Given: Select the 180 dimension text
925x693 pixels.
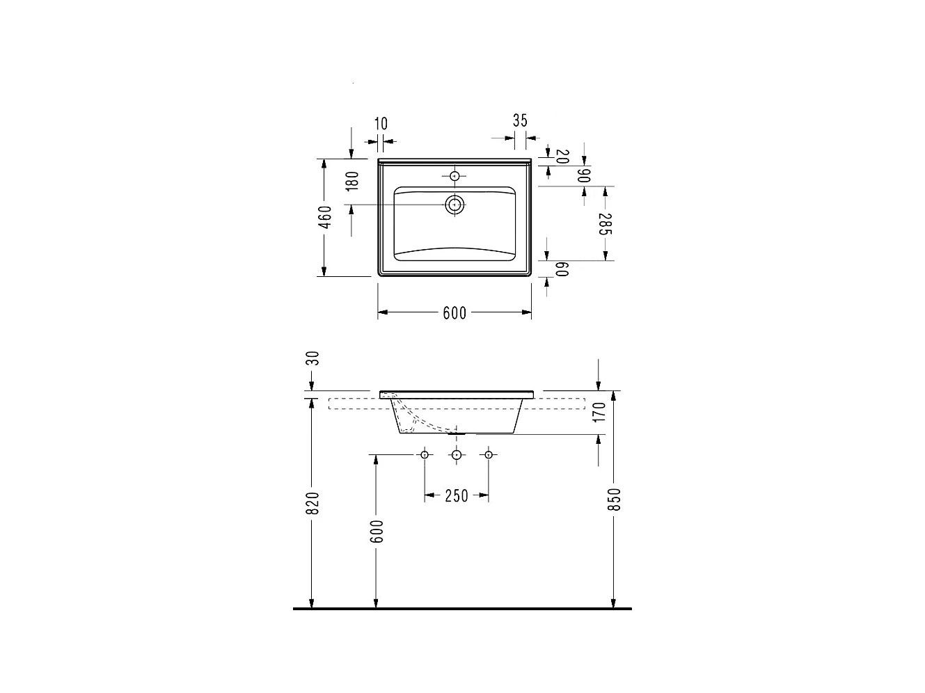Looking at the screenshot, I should click(352, 181).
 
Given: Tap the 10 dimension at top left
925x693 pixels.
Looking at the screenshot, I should click(381, 124).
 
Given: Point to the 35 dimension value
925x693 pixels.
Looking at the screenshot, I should click(520, 120).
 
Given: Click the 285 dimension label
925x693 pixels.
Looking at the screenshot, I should click(606, 224).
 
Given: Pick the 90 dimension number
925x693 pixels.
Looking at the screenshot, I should click(584, 175).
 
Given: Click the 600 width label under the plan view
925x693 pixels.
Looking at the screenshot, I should click(454, 314).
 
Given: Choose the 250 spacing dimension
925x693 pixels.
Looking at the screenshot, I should click(456, 496).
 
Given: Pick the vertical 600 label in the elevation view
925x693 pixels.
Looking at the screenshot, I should click(377, 532).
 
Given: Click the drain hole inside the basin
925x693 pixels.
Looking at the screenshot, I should click(454, 205).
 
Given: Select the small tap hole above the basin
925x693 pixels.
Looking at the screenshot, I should click(454, 176).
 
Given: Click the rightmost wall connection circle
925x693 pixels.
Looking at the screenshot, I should click(488, 455).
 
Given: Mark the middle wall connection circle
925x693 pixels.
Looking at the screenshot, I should click(457, 455).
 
